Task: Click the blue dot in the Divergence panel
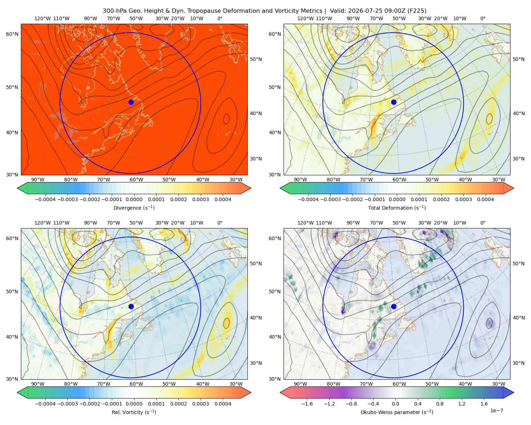tap(131, 102)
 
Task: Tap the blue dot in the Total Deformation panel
tap(394, 102)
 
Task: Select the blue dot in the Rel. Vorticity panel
tap(131, 306)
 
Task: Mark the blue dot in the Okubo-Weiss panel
tap(394, 306)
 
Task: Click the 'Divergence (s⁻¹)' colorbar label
tap(134, 208)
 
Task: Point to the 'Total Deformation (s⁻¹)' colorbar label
tap(397, 208)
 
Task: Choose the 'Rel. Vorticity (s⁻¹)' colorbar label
tap(134, 412)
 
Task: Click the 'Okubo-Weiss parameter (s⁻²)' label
tap(397, 412)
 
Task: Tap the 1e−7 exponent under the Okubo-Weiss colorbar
tap(496, 410)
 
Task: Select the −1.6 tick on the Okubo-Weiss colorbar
tap(307, 403)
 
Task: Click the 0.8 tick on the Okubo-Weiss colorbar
tap(440, 403)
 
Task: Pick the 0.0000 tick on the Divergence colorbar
tap(134, 199)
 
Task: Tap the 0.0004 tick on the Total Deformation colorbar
tap(485, 199)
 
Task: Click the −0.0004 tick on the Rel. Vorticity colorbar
tap(45, 403)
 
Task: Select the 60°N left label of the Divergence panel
tap(12, 34)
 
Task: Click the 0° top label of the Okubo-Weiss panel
tap(483, 223)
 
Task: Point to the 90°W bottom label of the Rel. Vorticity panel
tap(38, 384)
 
